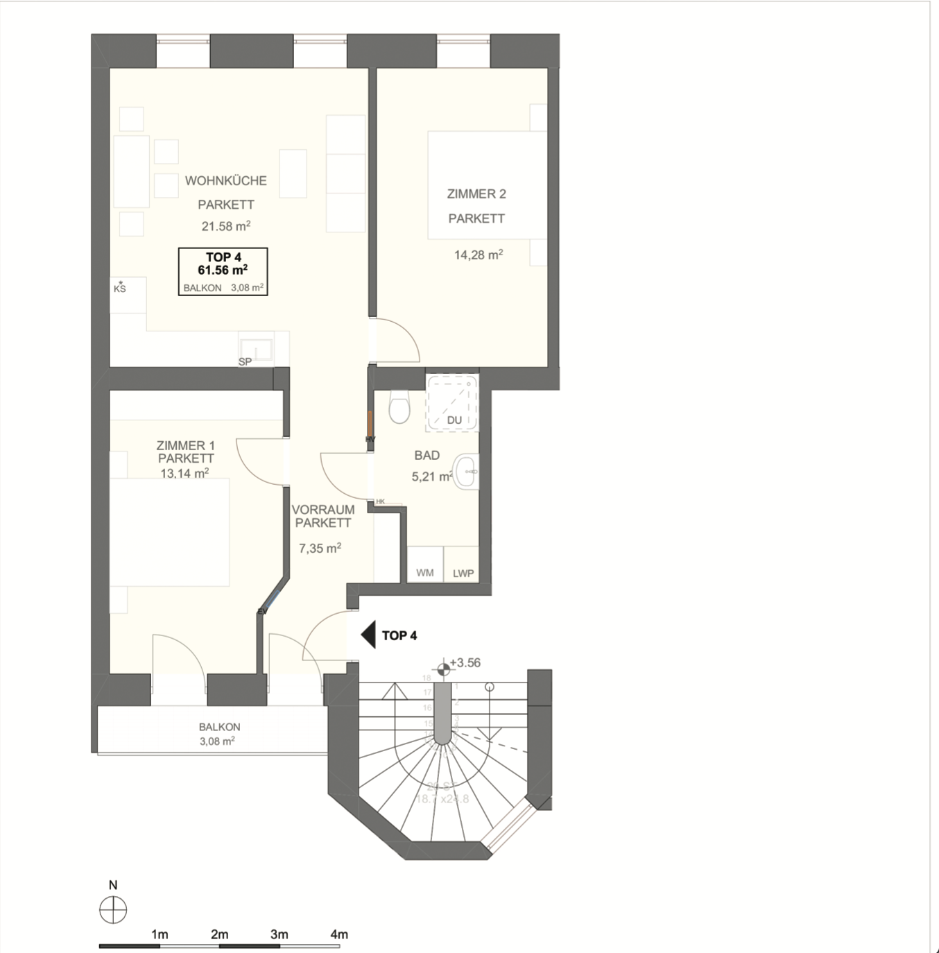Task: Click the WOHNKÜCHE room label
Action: [225, 181]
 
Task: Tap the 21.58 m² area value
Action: [225, 226]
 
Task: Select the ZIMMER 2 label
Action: [476, 194]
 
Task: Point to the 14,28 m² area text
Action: [479, 255]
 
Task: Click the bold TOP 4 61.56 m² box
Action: [223, 271]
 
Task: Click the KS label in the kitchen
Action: [120, 288]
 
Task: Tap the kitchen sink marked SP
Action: [256, 348]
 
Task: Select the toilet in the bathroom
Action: [399, 406]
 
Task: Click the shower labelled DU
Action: [452, 404]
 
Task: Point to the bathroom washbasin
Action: [467, 472]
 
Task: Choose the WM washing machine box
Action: [425, 572]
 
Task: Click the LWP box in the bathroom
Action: [463, 573]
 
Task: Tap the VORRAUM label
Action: [323, 510]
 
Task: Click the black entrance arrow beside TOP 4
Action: [368, 635]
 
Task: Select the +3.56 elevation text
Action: [465, 663]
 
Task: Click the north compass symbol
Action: [113, 909]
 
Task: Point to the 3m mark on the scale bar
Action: [279, 935]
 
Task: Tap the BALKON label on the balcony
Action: [219, 727]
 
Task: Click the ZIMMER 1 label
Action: [185, 446]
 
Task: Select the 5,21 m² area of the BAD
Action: [431, 477]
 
